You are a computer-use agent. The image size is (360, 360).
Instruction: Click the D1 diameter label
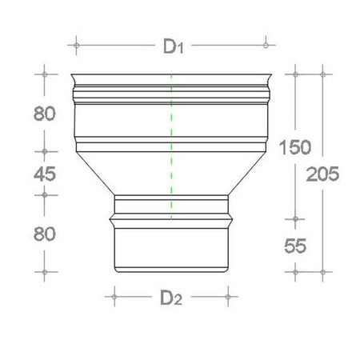(170, 48)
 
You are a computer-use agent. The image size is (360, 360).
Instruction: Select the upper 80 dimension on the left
(45, 113)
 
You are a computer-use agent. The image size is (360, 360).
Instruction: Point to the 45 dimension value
(45, 172)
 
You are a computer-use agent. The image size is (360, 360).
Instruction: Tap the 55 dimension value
(294, 247)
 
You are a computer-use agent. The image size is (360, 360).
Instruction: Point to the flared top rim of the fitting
(171, 81)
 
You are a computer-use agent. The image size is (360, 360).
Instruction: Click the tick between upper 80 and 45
(45, 150)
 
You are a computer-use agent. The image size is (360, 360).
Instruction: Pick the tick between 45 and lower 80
(45, 194)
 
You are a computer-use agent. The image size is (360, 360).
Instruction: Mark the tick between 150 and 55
(296, 218)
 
